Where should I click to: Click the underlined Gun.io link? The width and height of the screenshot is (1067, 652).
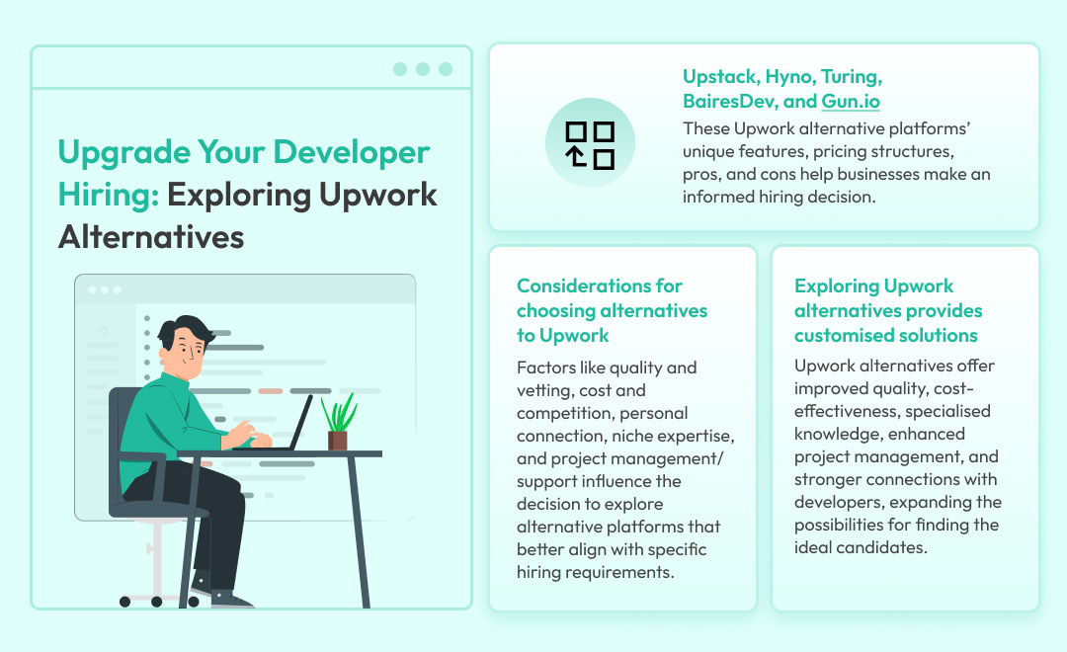click(850, 102)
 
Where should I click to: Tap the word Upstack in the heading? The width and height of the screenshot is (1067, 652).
click(720, 77)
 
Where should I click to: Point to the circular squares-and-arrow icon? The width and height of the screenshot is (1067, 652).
click(590, 143)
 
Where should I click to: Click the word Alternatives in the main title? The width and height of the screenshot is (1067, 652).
click(151, 237)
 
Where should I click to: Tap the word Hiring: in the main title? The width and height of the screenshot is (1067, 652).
click(109, 195)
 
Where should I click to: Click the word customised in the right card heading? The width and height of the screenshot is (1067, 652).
click(838, 336)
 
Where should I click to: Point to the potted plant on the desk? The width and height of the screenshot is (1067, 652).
click(339, 421)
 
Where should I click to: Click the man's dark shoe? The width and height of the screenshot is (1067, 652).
click(230, 600)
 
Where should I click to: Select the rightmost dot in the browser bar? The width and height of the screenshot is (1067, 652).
click(446, 69)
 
